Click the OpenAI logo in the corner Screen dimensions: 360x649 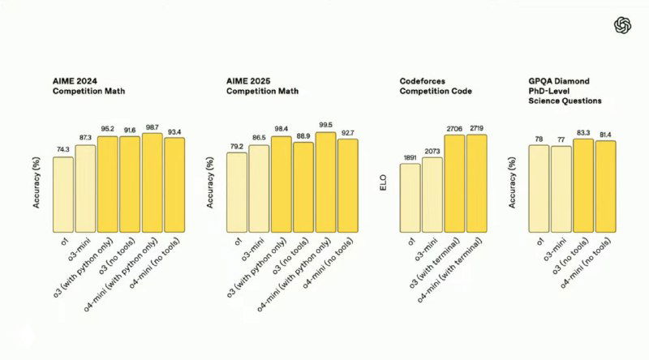[x=622, y=25]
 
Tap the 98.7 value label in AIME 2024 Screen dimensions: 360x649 [x=152, y=128]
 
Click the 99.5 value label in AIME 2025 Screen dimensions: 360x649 [x=325, y=126]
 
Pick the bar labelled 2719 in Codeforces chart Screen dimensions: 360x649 [x=477, y=182]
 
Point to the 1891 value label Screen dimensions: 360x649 [x=410, y=159]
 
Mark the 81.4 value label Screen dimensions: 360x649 [x=605, y=135]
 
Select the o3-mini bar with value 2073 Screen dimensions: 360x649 [x=432, y=193]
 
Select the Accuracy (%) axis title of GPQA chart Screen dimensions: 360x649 [x=513, y=183]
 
